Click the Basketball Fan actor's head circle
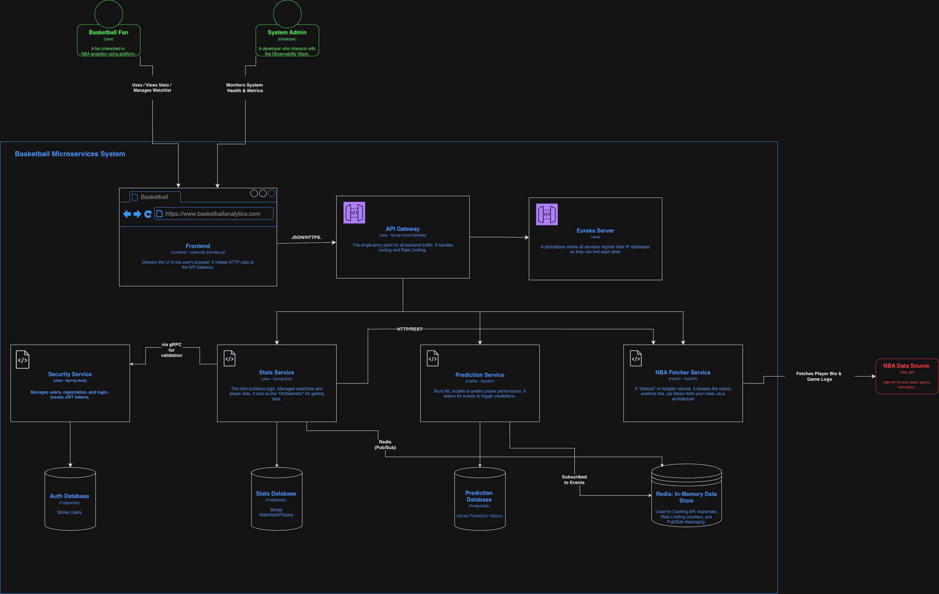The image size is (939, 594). click(109, 14)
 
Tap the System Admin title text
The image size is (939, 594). click(287, 32)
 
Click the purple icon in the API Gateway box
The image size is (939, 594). click(354, 213)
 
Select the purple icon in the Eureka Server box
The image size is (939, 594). click(547, 214)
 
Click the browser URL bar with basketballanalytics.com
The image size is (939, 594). click(214, 214)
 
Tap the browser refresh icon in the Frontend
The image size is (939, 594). click(148, 214)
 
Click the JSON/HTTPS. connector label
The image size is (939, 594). click(306, 237)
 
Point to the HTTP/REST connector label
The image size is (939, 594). click(409, 329)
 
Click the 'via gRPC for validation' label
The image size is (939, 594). click(172, 350)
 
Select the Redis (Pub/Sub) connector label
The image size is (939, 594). click(385, 444)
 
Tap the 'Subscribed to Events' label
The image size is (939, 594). click(574, 480)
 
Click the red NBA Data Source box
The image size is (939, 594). click(907, 376)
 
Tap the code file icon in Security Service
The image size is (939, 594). click(23, 360)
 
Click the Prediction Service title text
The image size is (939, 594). click(479, 375)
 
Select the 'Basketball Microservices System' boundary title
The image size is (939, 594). click(70, 154)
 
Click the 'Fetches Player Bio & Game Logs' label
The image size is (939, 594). click(819, 377)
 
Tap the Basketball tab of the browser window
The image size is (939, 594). click(155, 197)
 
